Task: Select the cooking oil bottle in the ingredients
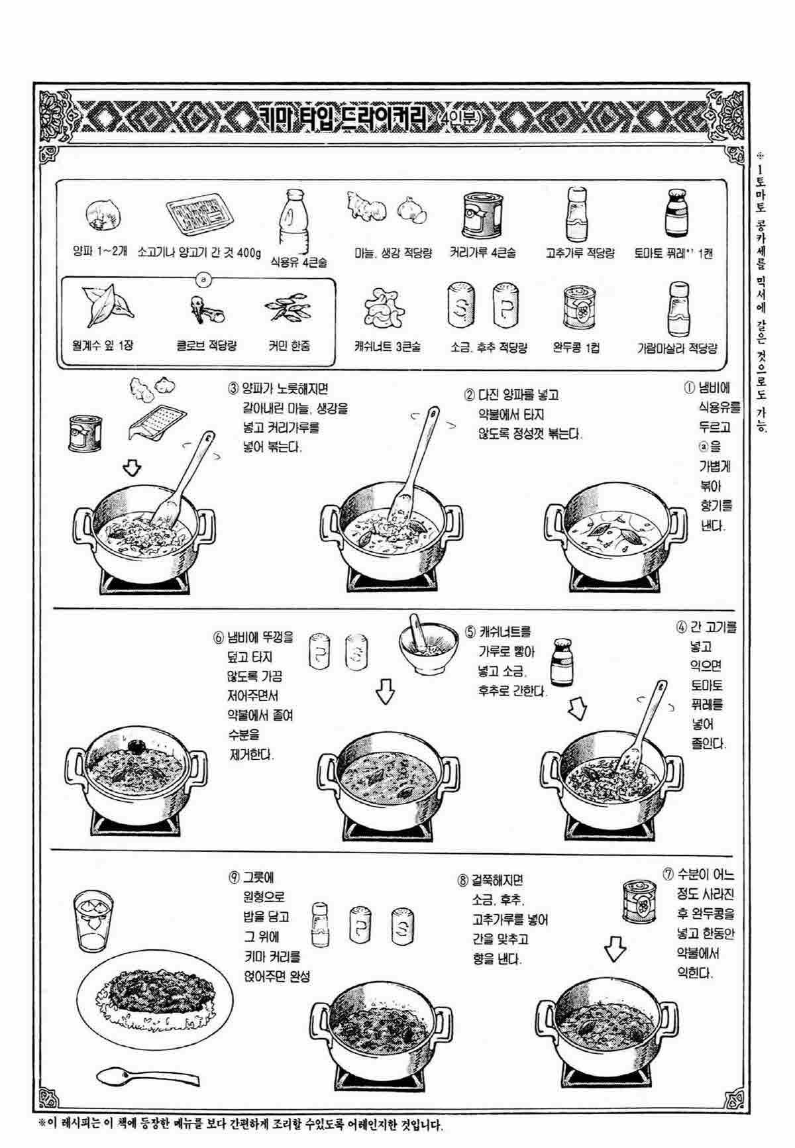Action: click(x=293, y=219)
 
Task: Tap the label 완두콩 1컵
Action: click(x=576, y=346)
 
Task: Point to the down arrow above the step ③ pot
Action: click(x=133, y=468)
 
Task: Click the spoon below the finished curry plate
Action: click(x=147, y=1076)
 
